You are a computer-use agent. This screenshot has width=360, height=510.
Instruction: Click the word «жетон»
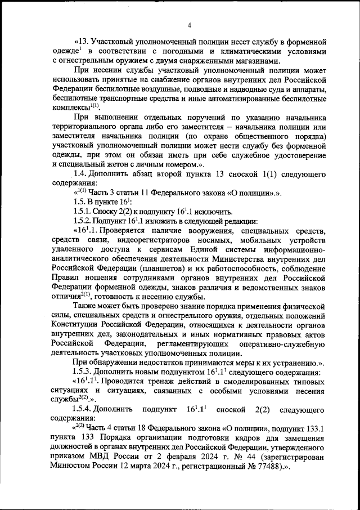117,164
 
